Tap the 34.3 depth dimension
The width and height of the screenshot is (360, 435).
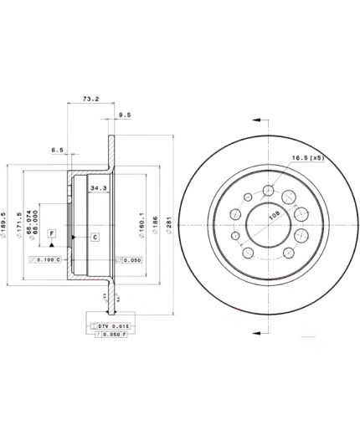[97, 187]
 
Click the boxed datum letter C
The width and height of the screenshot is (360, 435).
[94, 238]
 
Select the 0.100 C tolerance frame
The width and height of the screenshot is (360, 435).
[44, 261]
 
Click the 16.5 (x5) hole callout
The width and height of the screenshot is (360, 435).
[308, 157]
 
